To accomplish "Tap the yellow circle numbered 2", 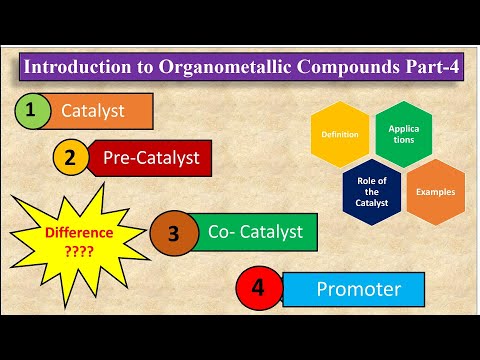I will (x=71, y=157).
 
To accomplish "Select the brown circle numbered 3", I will (x=173, y=235).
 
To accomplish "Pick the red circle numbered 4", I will (x=258, y=289).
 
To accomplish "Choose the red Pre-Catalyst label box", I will (x=152, y=157).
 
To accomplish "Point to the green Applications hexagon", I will (x=403, y=134).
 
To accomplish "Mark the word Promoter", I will (x=358, y=290).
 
